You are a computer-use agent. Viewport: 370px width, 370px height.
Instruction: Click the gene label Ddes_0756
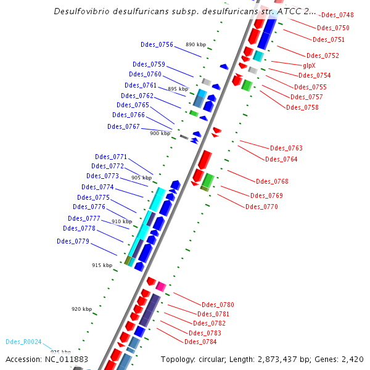tap(157, 44)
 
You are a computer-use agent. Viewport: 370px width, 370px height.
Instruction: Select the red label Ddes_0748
tap(338, 15)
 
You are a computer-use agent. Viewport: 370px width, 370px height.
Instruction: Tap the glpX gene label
tap(310, 65)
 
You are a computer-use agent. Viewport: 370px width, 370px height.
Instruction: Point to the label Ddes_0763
tap(286, 148)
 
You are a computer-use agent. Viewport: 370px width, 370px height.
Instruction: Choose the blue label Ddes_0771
tap(111, 157)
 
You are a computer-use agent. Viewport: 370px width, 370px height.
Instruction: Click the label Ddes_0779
tap(73, 241)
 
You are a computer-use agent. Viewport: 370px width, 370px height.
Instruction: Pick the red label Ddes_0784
tap(200, 342)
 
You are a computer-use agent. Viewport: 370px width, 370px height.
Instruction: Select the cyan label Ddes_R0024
tap(23, 342)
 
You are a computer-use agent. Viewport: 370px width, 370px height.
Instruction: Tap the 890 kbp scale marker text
tap(195, 44)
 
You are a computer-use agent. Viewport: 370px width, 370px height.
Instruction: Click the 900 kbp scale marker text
tap(160, 133)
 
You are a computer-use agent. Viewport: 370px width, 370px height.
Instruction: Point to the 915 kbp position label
tap(102, 265)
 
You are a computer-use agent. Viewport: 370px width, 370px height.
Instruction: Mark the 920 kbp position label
tap(81, 309)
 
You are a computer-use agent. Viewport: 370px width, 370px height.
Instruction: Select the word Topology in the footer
tap(178, 359)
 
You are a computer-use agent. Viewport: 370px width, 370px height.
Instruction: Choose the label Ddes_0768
tap(272, 181)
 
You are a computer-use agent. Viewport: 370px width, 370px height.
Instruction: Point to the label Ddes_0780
tap(218, 305)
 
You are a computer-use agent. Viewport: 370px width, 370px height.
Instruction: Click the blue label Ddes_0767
tap(123, 126)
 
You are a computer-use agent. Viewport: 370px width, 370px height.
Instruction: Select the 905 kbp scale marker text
tap(141, 178)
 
